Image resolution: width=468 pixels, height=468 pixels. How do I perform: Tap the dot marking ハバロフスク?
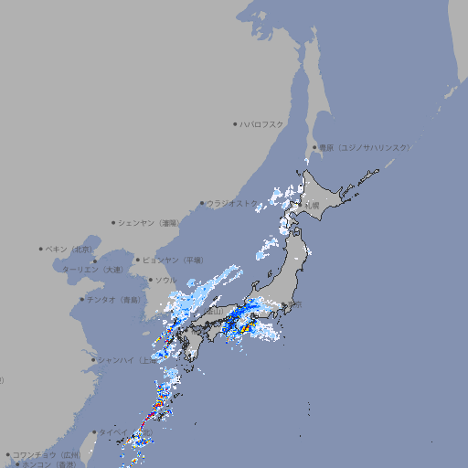pyautogui.click(x=236, y=123)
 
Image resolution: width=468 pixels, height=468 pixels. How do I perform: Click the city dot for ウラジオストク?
pyautogui.click(x=202, y=204)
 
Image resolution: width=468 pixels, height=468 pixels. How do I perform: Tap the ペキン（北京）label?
pyautogui.click(x=69, y=249)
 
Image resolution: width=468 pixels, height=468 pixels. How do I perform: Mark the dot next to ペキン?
pyautogui.click(x=41, y=249)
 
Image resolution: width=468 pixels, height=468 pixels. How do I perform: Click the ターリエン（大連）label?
pyautogui.click(x=92, y=270)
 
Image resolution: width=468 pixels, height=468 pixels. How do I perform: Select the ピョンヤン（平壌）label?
pyautogui.click(x=172, y=260)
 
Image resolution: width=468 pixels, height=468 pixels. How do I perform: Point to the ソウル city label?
pyautogui.click(x=165, y=280)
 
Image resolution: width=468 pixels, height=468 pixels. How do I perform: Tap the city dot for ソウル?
pyautogui.click(x=149, y=280)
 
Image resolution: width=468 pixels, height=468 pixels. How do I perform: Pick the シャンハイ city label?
pyautogui.click(x=123, y=360)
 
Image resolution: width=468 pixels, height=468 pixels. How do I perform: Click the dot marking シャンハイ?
pyautogui.click(x=93, y=360)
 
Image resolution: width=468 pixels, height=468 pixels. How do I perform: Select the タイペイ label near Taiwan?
pyautogui.click(x=113, y=431)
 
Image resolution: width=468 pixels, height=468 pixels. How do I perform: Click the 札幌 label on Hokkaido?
pyautogui.click(x=312, y=205)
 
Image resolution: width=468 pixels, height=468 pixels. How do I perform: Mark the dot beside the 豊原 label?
pyautogui.click(x=314, y=147)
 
